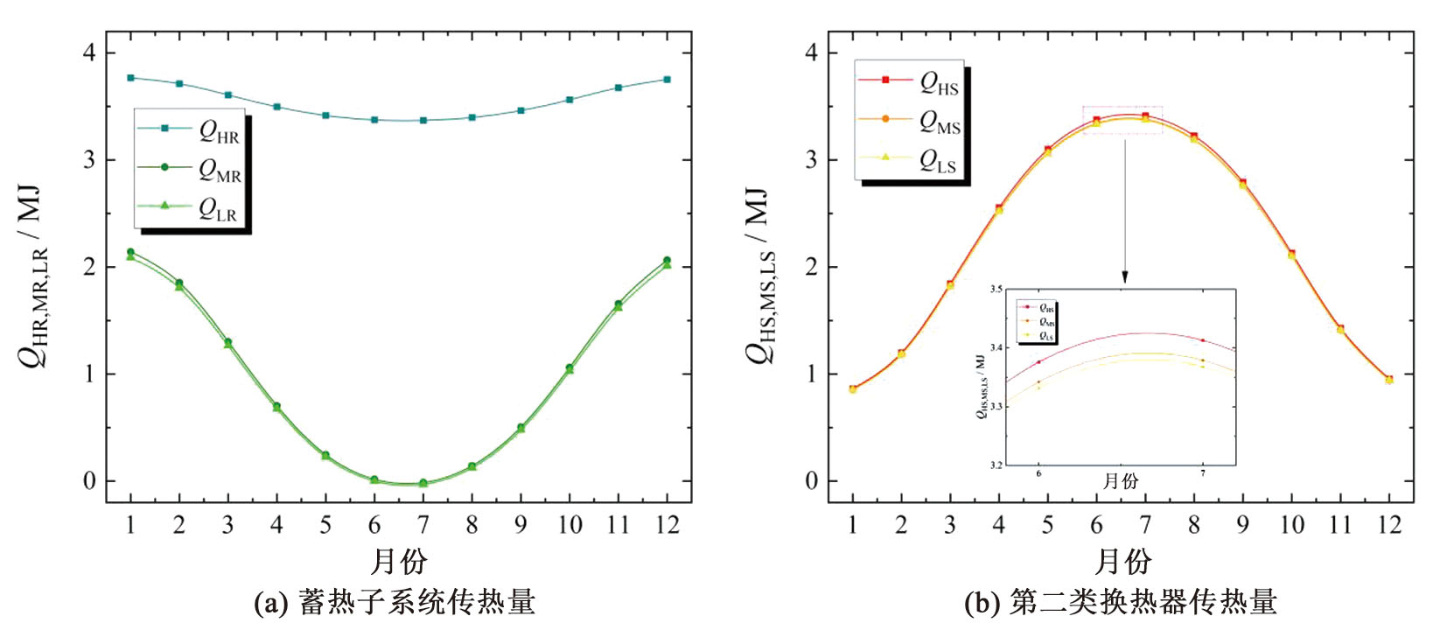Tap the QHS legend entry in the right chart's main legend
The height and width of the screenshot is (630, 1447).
[x=910, y=81]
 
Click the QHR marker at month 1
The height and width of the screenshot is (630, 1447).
[x=131, y=78]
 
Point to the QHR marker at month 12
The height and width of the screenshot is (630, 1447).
[x=668, y=80]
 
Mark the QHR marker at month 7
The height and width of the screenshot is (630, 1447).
[x=423, y=120]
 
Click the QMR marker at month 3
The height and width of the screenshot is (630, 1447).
[x=228, y=342]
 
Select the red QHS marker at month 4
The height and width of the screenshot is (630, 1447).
[x=999, y=208]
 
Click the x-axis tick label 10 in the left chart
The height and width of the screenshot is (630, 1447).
[x=570, y=525]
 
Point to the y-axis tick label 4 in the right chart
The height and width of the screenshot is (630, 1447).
[x=811, y=53]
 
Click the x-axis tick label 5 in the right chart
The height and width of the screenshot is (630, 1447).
[x=1047, y=525]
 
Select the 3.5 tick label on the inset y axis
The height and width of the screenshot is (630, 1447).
[x=996, y=290]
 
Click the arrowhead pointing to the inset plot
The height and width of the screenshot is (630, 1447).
[x=1125, y=277]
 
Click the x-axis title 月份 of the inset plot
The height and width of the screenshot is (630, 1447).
[x=1120, y=481]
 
